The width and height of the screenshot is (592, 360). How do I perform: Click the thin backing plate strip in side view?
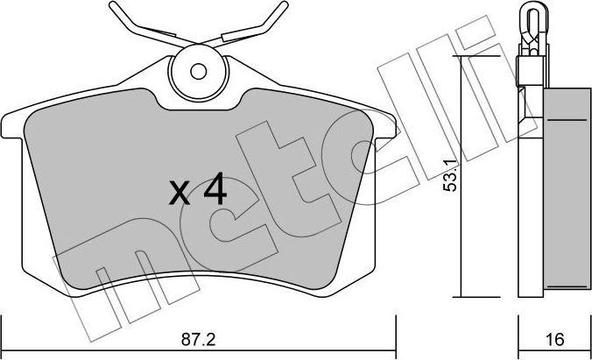(x=526, y=193)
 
